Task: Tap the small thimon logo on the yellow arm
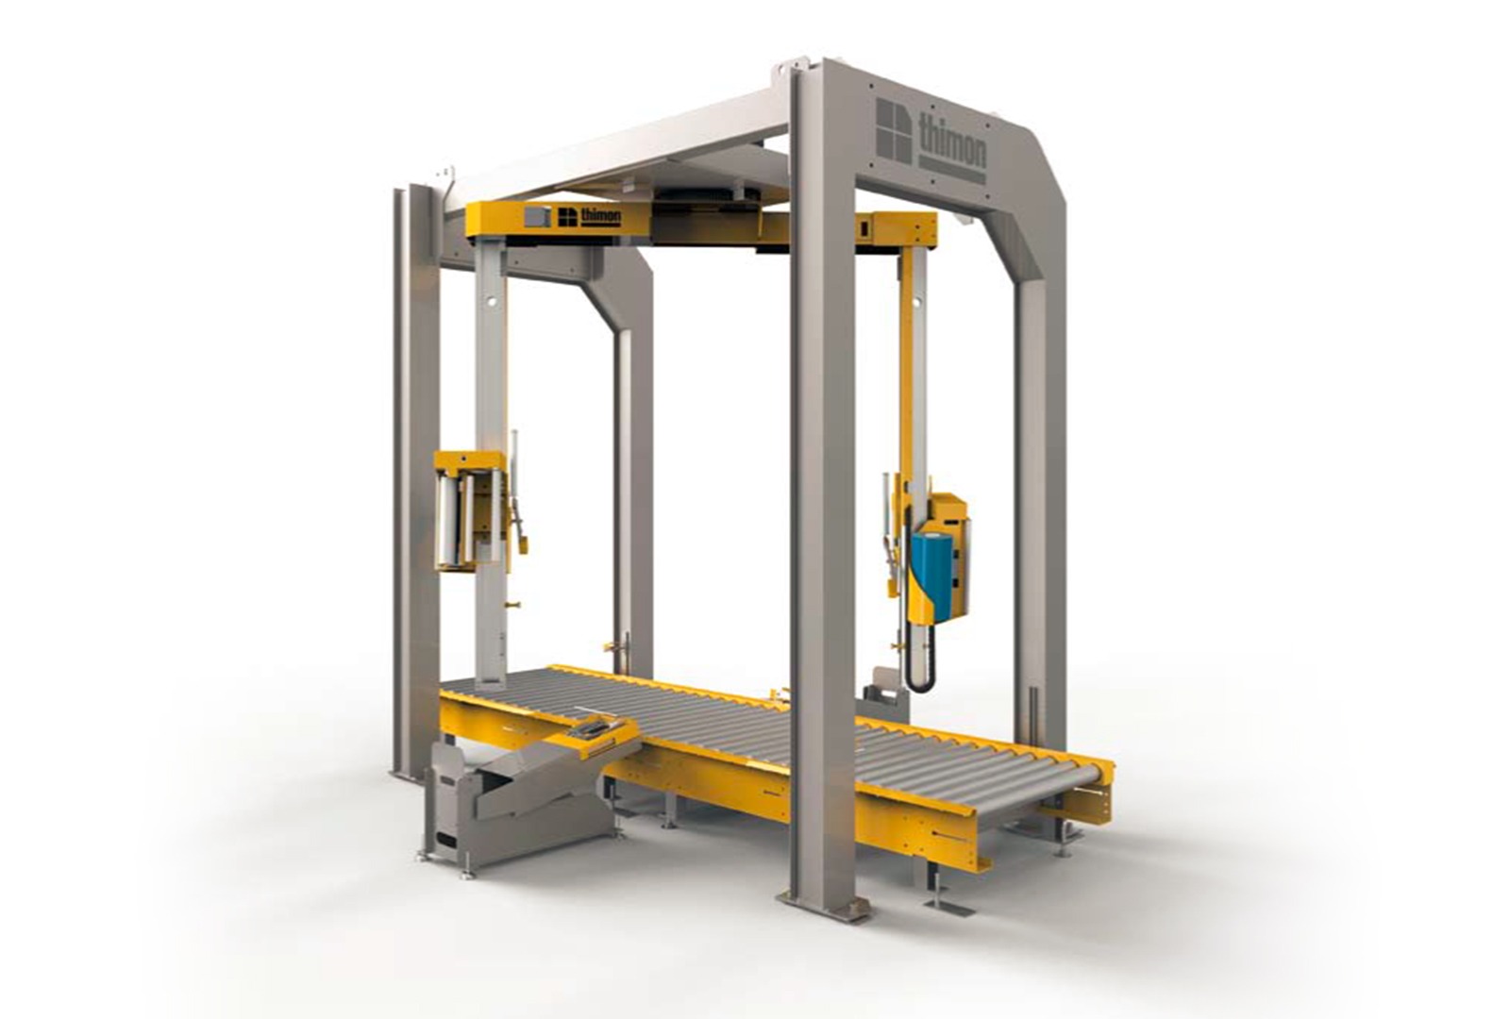point(589,216)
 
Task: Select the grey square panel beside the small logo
point(537,217)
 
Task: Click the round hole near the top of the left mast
point(492,301)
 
